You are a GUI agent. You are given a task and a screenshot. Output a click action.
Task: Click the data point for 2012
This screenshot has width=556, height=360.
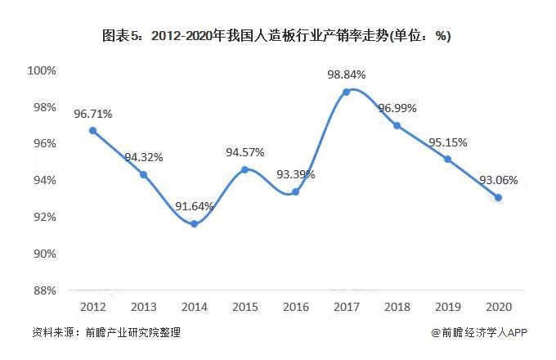click(92, 130)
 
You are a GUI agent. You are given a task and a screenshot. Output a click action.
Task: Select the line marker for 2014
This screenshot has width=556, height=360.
click(194, 223)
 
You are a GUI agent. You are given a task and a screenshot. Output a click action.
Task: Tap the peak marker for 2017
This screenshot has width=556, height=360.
click(346, 92)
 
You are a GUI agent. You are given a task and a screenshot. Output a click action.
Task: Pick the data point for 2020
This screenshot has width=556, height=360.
click(498, 197)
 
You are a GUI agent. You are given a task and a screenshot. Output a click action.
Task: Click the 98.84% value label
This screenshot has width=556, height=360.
click(346, 74)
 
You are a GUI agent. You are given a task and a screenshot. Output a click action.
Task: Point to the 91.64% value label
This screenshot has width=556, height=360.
click(193, 206)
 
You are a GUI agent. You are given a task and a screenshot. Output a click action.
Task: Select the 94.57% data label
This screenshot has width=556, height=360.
click(244, 152)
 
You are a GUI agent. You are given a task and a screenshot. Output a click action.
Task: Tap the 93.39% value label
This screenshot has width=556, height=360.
click(295, 174)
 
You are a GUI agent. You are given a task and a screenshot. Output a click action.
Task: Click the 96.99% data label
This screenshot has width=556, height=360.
click(397, 109)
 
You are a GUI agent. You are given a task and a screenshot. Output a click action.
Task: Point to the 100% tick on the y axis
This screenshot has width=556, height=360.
click(42, 70)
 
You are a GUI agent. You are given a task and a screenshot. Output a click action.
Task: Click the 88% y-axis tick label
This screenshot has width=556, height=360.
click(44, 290)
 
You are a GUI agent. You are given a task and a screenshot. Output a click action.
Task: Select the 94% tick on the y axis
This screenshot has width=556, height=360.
click(44, 180)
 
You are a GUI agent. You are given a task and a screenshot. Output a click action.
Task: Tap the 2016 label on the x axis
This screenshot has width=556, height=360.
click(295, 306)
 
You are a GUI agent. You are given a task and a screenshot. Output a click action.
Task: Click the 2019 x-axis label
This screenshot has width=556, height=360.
click(447, 306)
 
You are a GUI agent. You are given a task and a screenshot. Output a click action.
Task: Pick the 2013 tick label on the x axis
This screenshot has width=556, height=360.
click(143, 306)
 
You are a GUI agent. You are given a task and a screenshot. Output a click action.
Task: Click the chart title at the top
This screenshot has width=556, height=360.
click(277, 36)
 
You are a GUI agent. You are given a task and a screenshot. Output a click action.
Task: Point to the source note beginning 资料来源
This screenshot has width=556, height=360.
click(106, 333)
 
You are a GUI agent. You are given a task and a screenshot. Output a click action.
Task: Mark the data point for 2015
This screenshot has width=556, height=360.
click(244, 169)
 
